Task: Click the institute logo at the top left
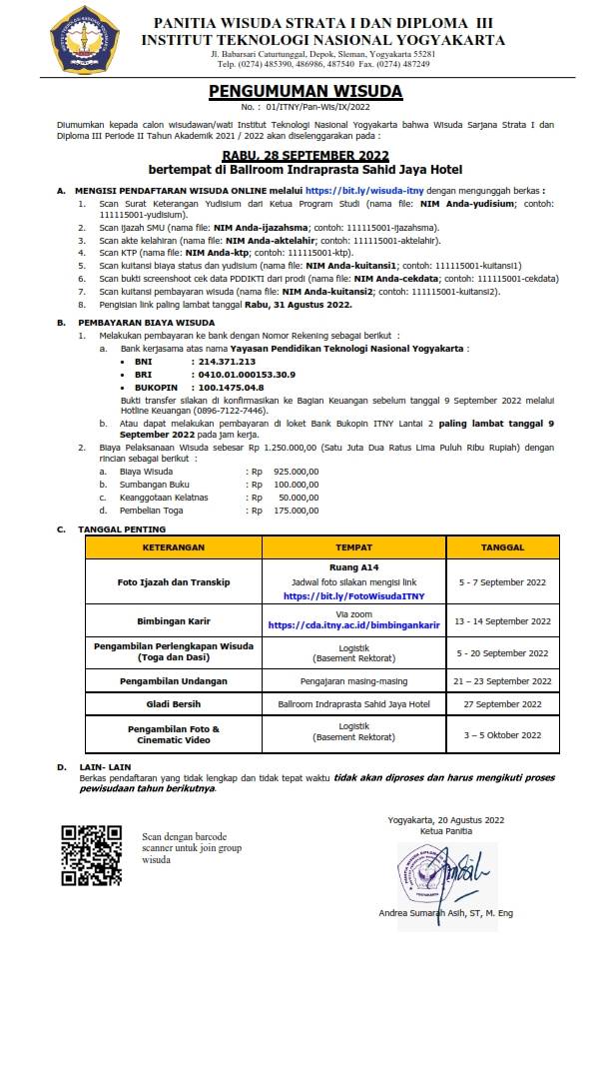tap(83, 40)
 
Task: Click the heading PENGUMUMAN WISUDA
tap(305, 91)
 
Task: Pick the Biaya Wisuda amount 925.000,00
tap(296, 470)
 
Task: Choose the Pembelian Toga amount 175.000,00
tap(296, 510)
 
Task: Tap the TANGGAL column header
tap(502, 547)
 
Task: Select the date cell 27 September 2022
tap(501, 704)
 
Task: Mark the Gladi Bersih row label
tap(173, 704)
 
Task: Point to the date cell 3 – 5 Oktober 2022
tap(501, 735)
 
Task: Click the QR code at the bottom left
tap(92, 856)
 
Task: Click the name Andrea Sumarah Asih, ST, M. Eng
tap(446, 913)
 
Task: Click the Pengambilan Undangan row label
tap(173, 680)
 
